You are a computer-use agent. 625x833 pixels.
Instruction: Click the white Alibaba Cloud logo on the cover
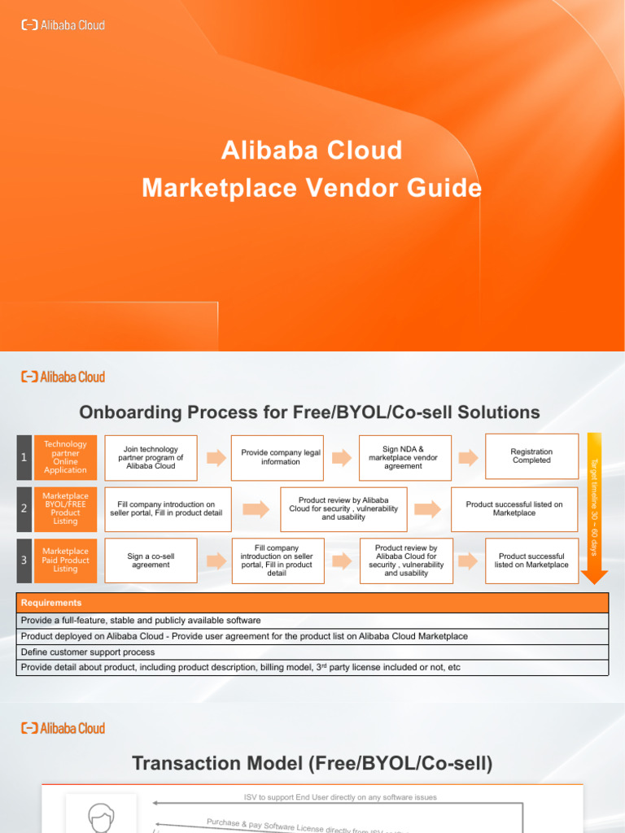point(63,25)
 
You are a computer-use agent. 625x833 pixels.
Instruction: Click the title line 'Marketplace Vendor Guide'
point(312,188)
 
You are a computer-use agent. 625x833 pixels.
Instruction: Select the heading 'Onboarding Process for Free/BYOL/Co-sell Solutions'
point(308,412)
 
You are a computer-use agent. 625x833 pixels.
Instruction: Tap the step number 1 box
point(24,457)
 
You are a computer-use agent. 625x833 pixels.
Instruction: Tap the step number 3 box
point(24,560)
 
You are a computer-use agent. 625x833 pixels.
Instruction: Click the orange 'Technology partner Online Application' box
point(65,457)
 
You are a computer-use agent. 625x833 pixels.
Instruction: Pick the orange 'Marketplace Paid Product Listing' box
point(65,560)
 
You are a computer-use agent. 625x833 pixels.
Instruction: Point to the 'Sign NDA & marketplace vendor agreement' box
point(403,457)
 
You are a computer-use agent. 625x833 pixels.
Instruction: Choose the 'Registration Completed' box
point(531,456)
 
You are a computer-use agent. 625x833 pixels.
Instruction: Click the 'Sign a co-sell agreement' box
point(151,560)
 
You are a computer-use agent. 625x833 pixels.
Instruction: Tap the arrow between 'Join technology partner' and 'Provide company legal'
point(215,457)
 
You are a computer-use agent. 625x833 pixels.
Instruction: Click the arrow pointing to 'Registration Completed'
point(467,457)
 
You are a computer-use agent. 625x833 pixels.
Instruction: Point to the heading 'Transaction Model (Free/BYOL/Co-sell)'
point(312,763)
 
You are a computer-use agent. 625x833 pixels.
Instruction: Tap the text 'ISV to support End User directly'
point(340,797)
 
